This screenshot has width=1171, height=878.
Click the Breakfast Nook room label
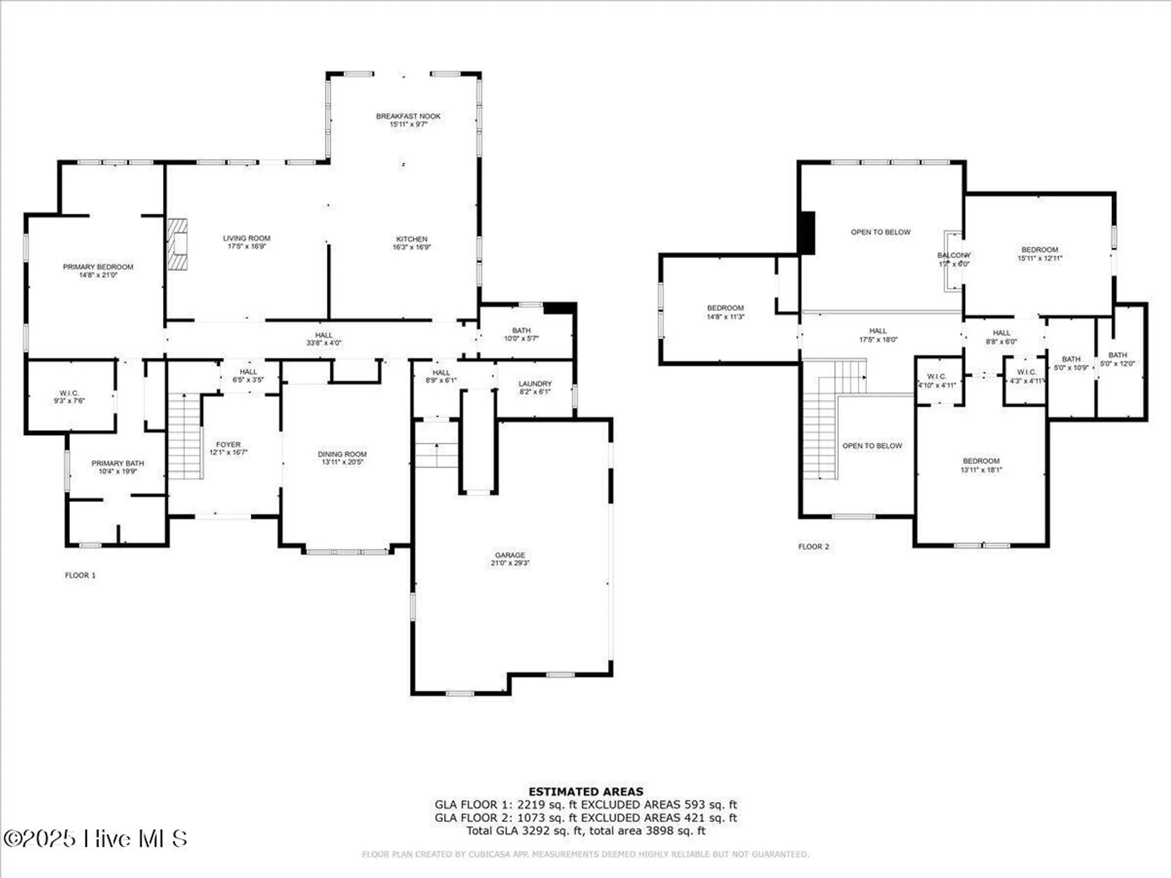click(x=408, y=116)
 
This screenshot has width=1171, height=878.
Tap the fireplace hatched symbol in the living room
click(x=178, y=244)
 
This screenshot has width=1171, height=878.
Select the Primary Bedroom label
click(x=98, y=267)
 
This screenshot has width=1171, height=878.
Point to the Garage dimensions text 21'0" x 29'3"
click(x=510, y=563)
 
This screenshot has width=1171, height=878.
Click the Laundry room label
click(x=535, y=384)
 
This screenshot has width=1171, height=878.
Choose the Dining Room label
click(x=343, y=454)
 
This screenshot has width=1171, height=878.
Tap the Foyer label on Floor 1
click(x=228, y=445)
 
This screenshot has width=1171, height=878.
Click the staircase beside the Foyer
click(x=185, y=436)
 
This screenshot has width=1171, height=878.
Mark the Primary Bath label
click(x=118, y=464)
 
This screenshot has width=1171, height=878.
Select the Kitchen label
click(x=412, y=239)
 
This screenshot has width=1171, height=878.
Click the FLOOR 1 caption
click(x=80, y=575)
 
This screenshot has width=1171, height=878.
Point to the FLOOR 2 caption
click(x=814, y=547)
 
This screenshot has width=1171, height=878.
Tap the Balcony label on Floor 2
click(x=954, y=255)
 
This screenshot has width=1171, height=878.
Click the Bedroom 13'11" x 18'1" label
click(x=981, y=461)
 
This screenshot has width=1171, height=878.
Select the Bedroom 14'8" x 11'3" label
click(x=725, y=308)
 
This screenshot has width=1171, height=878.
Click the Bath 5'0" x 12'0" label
click(x=1118, y=355)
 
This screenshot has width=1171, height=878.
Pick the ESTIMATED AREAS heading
click(x=585, y=791)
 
